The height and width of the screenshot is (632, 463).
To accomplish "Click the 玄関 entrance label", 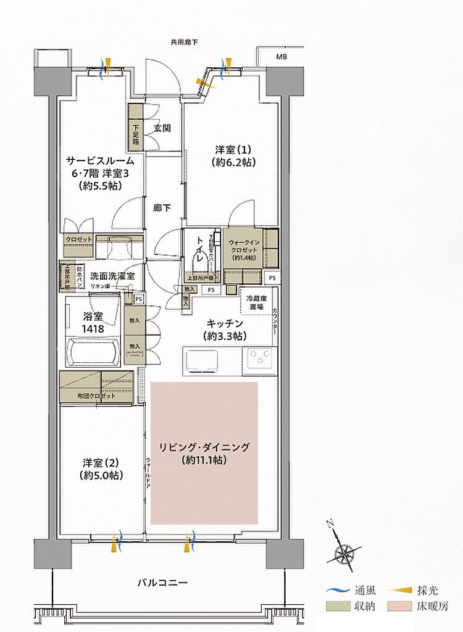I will pyautogui.click(x=162, y=128).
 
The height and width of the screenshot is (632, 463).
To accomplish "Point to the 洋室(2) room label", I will pyautogui.click(x=101, y=468).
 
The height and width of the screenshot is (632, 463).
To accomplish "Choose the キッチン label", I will pyautogui.click(x=225, y=330).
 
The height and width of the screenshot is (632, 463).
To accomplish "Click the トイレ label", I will pyautogui.click(x=200, y=251).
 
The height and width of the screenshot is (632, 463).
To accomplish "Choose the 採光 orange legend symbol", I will pyautogui.click(x=399, y=590).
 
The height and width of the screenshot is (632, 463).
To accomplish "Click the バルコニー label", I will pyautogui.click(x=162, y=582).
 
